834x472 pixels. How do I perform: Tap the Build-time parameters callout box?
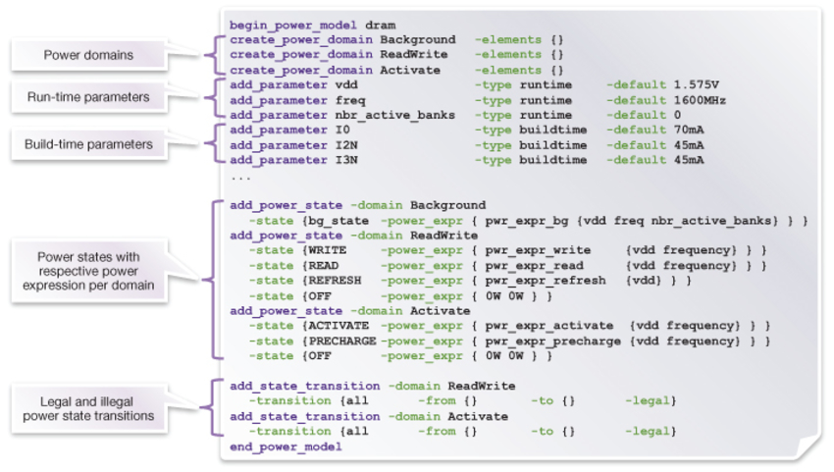pyautogui.click(x=88, y=144)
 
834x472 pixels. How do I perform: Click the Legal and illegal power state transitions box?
pyautogui.click(x=88, y=408)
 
